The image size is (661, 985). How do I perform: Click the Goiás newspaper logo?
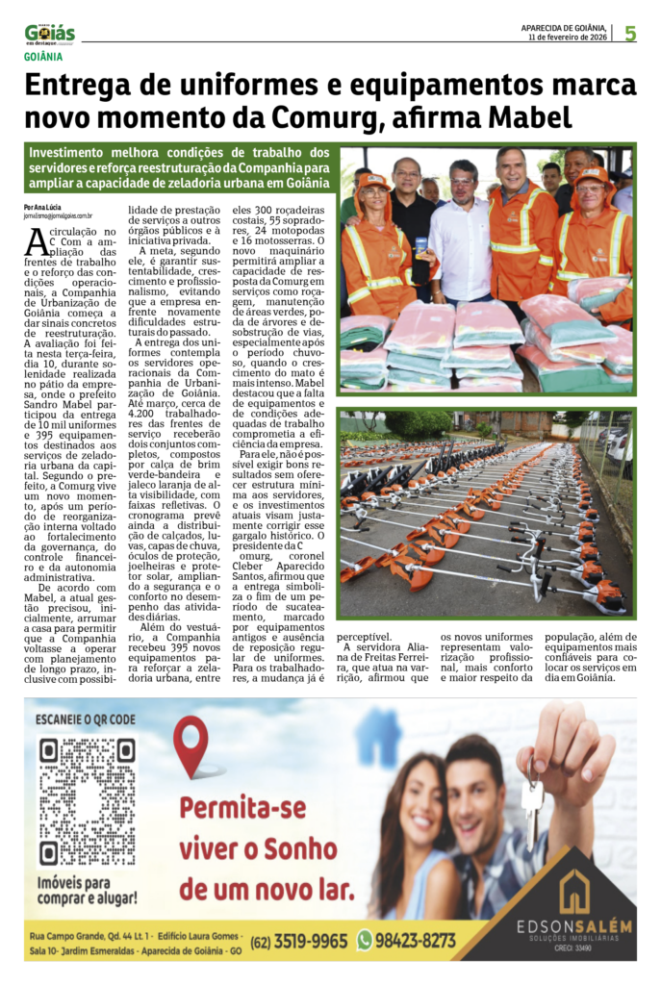coord(50,34)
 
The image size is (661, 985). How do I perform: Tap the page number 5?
coord(629,34)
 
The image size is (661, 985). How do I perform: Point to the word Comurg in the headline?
coord(293,118)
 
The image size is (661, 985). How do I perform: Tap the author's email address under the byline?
coord(59,217)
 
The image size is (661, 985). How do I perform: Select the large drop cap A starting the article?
coord(36,243)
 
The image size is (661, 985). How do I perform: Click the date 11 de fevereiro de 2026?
coord(568,38)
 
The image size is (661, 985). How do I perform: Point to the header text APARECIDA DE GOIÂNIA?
coord(563,27)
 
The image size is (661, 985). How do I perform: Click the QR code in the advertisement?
coord(87,801)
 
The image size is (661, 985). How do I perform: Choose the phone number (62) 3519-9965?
coord(299,941)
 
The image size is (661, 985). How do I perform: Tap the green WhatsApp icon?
coord(365,940)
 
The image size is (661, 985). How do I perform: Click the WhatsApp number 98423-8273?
coord(416,940)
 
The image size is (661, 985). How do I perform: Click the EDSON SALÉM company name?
coord(574,926)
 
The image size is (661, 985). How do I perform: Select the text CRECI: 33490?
coord(573,947)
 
